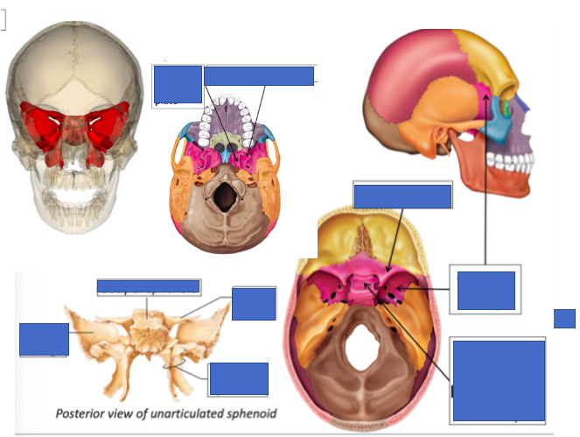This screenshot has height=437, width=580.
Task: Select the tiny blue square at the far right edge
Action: click(x=564, y=318)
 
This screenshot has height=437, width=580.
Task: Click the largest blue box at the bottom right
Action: click(x=499, y=381)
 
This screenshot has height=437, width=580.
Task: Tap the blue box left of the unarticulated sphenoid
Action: click(x=44, y=340)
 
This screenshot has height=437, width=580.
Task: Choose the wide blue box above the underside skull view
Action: click(x=259, y=76)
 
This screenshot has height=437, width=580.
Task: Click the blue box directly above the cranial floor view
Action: click(x=402, y=194)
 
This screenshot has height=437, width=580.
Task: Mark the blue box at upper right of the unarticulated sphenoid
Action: click(x=254, y=304)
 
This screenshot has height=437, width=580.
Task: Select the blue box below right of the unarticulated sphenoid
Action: click(x=239, y=378)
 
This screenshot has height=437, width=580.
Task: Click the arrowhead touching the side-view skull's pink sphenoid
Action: click(x=484, y=94)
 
